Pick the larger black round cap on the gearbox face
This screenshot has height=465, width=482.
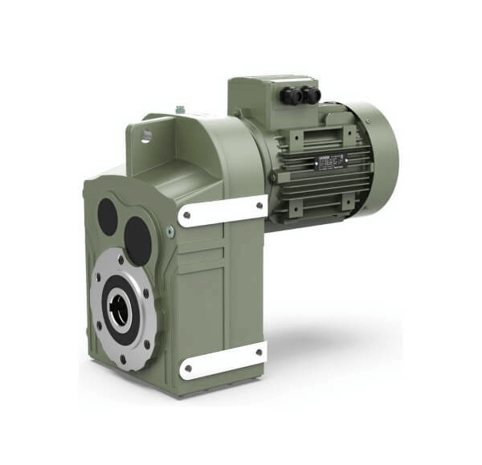(x=138, y=239)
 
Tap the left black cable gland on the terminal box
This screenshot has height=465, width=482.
(x=292, y=96)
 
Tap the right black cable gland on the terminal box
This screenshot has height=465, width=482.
(x=311, y=95)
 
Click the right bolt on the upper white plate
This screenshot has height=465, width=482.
(x=259, y=205)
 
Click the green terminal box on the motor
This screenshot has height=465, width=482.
(x=265, y=100)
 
